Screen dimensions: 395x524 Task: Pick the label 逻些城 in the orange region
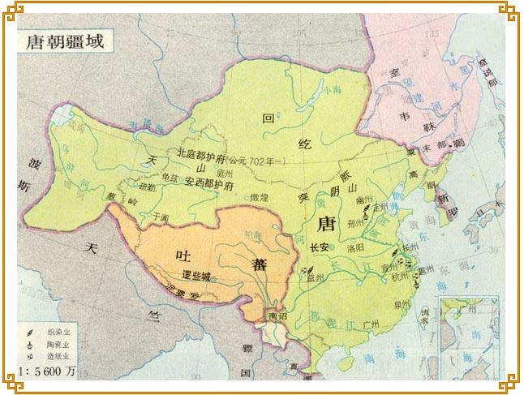(x=196, y=277)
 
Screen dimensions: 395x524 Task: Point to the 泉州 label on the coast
(x=401, y=306)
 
